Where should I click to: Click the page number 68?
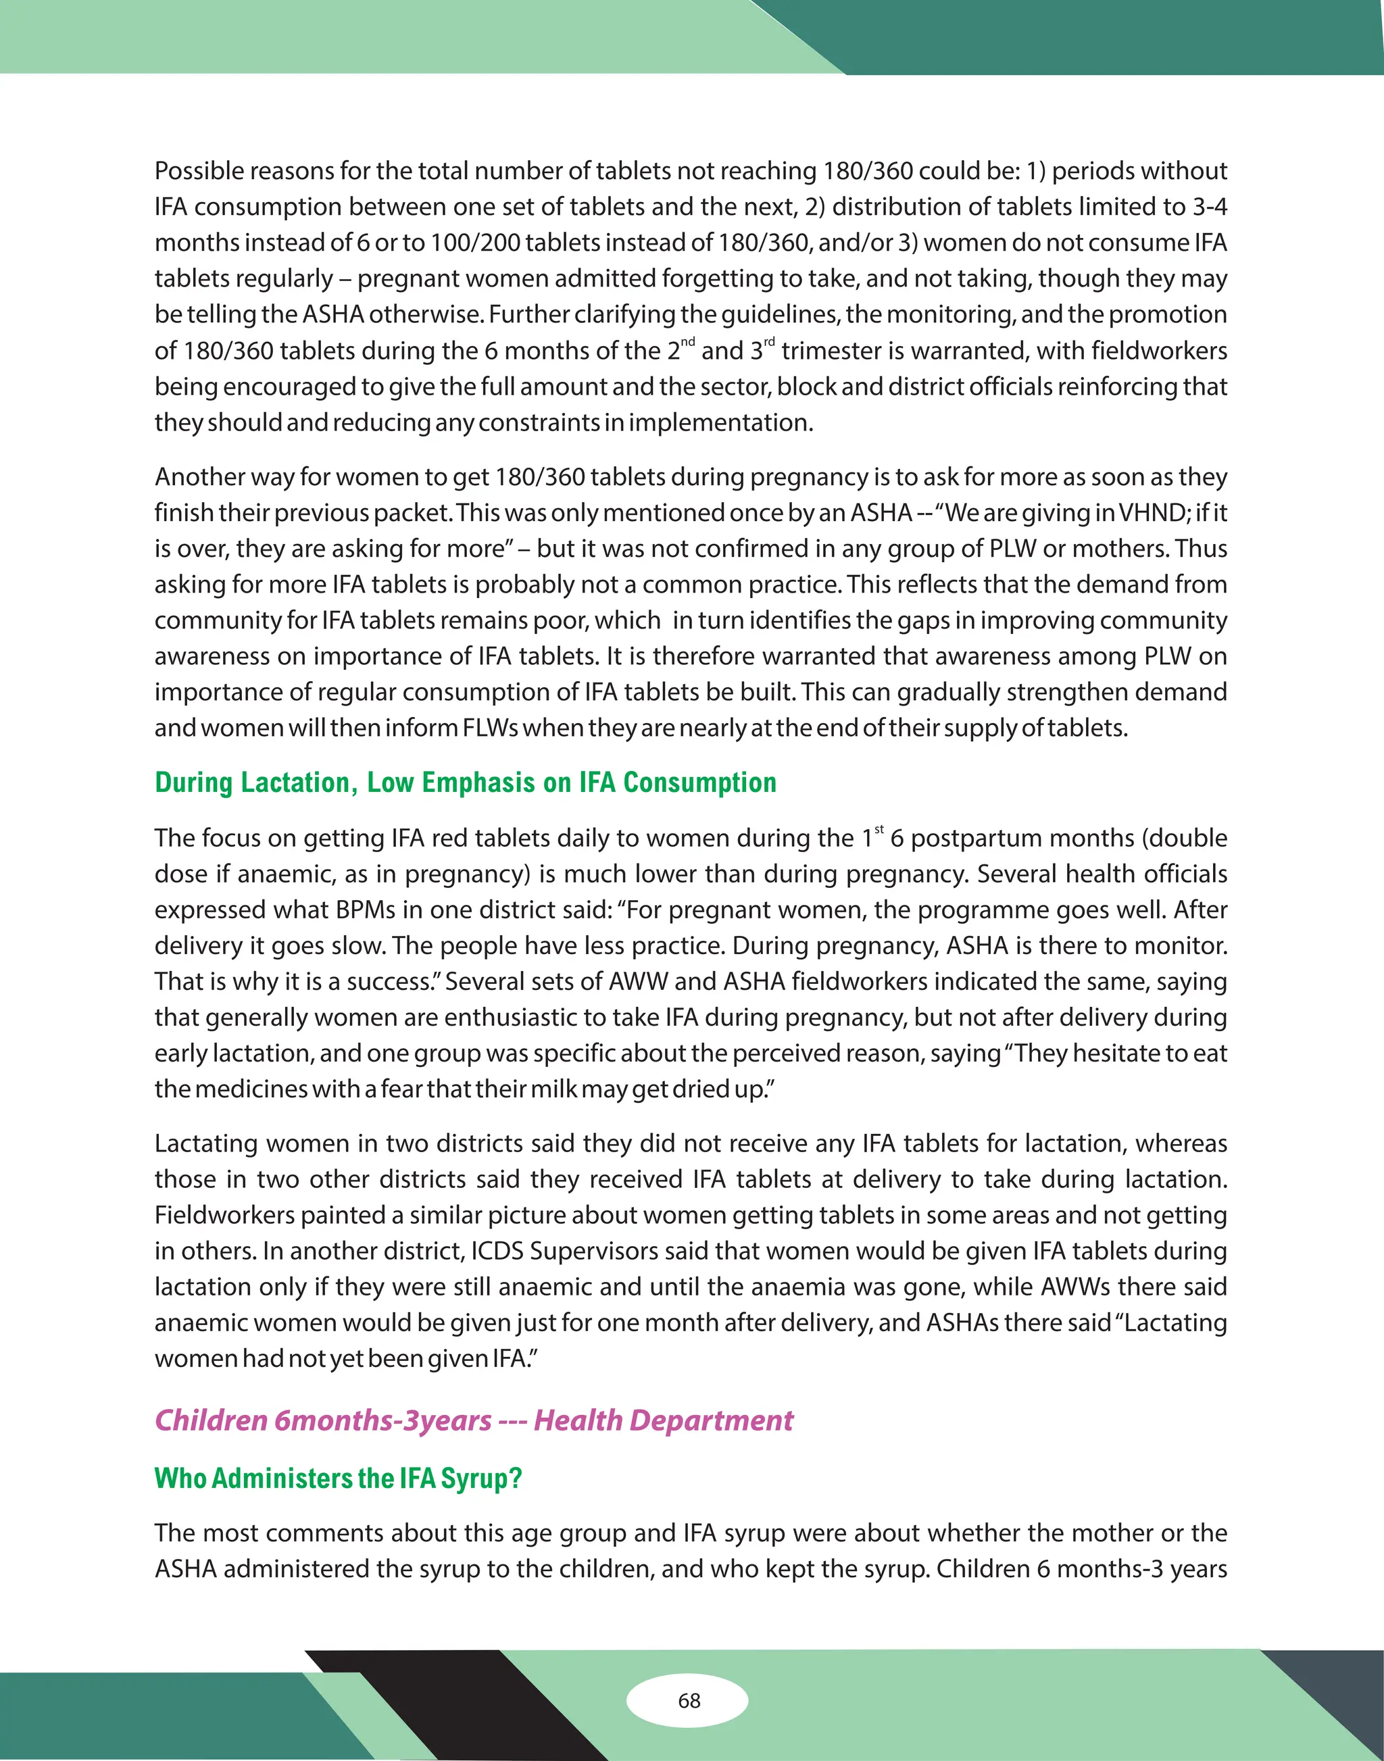click(689, 1700)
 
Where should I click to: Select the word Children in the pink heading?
click(211, 1420)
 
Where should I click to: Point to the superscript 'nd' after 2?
click(687, 341)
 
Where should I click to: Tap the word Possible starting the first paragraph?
click(199, 171)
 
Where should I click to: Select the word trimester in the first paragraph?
click(840, 351)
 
